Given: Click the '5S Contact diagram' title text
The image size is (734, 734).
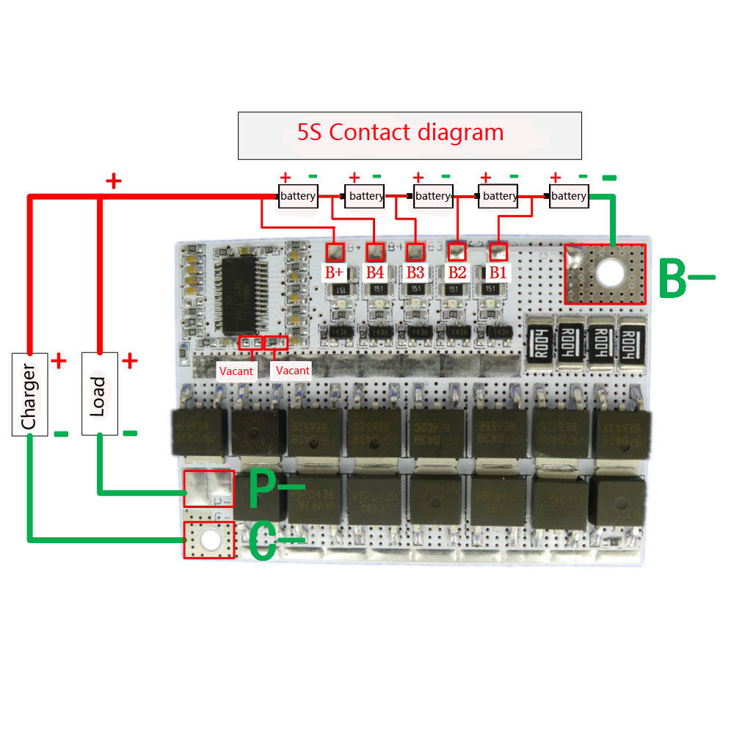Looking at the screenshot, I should pos(400,133).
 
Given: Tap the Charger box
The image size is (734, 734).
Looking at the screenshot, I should pos(30,394).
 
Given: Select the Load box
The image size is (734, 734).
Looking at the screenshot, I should pos(99,394).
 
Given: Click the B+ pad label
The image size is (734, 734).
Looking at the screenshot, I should pos(335,272).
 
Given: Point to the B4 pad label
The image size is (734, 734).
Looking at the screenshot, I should pos(375,272).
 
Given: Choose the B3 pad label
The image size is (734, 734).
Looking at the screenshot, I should pos(415,272).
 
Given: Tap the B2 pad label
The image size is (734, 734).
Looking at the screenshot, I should pos(457,272).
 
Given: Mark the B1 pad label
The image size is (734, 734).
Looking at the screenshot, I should pos(498,272).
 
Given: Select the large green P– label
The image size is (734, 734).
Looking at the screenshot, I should pos(275,488).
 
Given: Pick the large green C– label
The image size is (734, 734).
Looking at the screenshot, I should pos(275,542).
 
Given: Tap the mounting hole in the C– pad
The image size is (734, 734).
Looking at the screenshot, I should pos(211,539).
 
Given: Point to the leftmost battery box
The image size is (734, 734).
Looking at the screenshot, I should pos(298,196).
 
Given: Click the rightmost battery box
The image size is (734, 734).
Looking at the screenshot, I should pos(569,196).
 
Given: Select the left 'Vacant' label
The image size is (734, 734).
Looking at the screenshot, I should pos(236,371).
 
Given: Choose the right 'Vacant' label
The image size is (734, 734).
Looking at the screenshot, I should pos(293,370).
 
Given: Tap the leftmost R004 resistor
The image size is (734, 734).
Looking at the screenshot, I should pos(539,339).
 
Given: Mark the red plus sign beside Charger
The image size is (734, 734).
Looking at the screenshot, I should pos(59,360).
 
